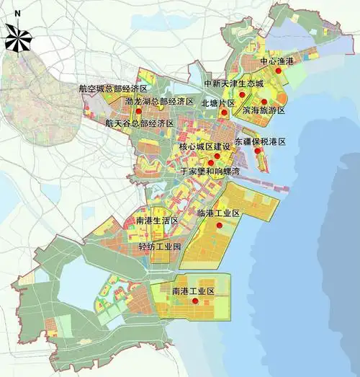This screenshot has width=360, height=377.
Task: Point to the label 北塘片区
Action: [218, 103]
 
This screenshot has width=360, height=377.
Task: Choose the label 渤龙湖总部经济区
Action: [159, 102]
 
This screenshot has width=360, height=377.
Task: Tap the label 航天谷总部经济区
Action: [140, 123]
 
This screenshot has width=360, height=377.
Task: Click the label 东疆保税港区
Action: [260, 142]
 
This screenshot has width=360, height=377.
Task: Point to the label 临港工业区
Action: [217, 213]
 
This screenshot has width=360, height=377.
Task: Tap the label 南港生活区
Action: [156, 220]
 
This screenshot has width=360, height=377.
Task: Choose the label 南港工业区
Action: [194, 290]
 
